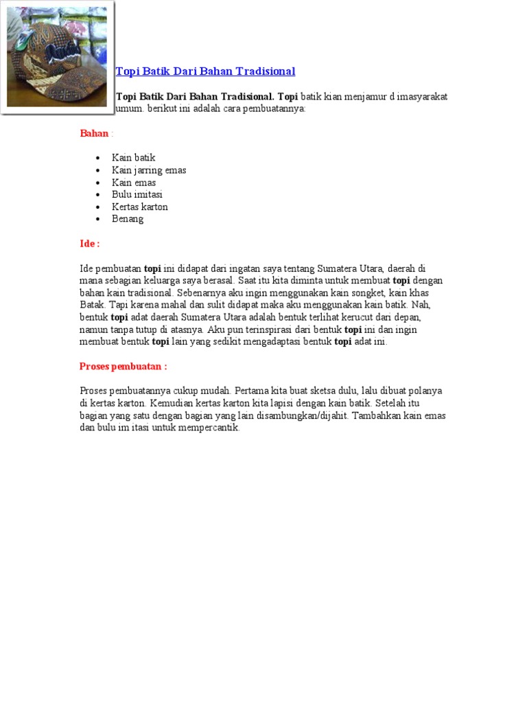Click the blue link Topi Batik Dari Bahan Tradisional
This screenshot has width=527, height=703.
(206, 71)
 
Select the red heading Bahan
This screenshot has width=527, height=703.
(94, 133)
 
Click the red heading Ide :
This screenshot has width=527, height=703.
(89, 244)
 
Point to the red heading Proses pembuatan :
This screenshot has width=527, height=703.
(123, 367)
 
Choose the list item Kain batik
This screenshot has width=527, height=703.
(134, 158)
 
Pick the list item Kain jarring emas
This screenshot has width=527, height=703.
(149, 170)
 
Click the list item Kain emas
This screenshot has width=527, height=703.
(134, 183)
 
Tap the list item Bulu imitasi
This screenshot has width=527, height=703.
(137, 194)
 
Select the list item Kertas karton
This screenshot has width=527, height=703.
(140, 207)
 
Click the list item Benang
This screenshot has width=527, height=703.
(128, 219)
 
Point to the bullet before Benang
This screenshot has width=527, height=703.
(99, 219)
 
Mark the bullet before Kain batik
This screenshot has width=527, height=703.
(99, 158)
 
